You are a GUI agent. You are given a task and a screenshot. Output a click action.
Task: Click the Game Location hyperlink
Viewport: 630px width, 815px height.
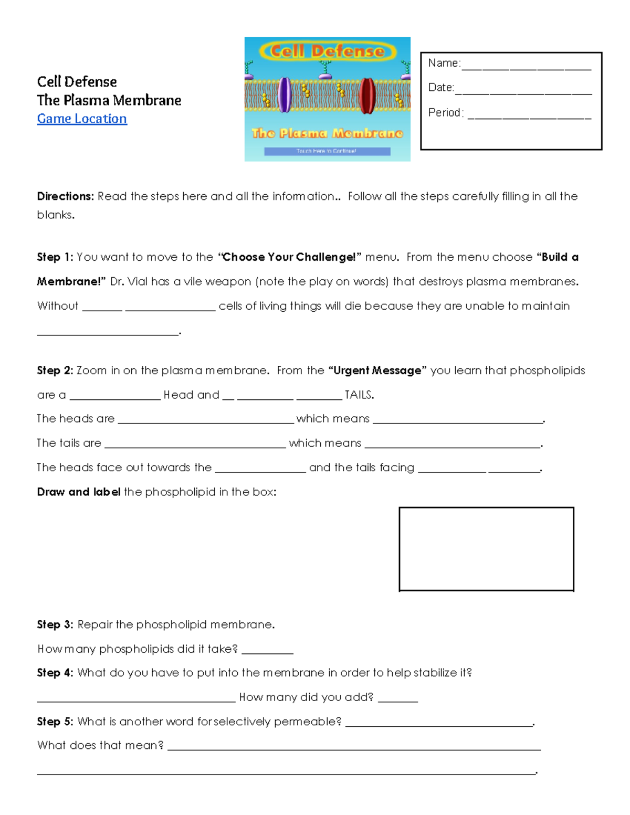(x=82, y=119)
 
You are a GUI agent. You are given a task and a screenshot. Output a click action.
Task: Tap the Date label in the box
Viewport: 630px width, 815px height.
(x=440, y=88)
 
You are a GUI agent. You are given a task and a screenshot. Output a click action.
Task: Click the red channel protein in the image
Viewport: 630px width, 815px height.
(x=366, y=95)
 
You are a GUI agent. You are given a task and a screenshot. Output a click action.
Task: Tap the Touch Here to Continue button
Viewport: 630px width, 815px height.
(x=327, y=151)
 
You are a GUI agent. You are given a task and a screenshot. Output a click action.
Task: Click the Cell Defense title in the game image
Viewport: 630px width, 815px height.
(x=327, y=51)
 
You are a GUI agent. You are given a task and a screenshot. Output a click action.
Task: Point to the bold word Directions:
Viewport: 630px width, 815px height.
(x=65, y=196)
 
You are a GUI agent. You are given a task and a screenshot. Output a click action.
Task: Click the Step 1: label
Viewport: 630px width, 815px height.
(x=55, y=257)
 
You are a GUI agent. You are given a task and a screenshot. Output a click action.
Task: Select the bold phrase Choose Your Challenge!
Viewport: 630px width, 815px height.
(x=288, y=257)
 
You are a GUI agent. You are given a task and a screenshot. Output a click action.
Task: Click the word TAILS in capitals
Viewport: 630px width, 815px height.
(x=359, y=395)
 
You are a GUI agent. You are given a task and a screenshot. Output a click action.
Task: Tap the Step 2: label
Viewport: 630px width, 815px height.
(x=55, y=371)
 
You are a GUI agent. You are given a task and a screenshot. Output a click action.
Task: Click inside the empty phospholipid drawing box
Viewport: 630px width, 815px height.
(x=486, y=549)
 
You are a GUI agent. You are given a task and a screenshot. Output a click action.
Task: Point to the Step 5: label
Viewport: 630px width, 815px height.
(x=55, y=722)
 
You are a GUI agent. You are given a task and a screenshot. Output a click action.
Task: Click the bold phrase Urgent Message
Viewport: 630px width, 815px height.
(x=377, y=371)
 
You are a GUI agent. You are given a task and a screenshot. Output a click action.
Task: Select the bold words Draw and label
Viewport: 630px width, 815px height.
(x=79, y=492)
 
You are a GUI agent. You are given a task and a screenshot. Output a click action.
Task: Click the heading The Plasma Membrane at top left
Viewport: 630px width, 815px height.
(x=109, y=100)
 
